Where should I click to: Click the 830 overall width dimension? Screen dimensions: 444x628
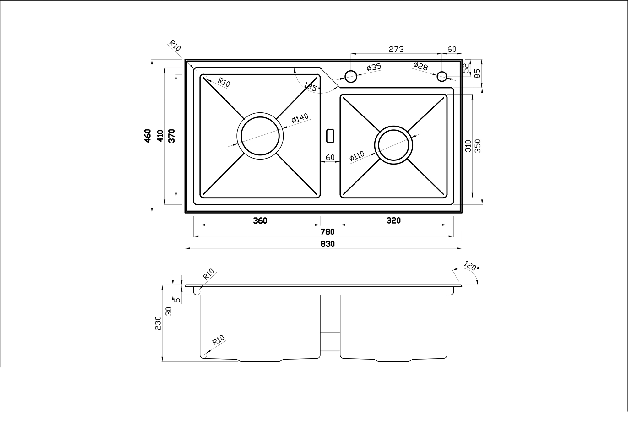328,244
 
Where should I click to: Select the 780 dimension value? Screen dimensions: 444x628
328,232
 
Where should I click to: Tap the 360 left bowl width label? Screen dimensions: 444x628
260,221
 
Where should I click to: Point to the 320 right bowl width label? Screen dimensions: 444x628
393,221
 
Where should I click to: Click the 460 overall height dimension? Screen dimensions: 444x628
148,136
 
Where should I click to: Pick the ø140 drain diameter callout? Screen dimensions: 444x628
300,118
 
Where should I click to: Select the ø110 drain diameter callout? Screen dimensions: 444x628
357,156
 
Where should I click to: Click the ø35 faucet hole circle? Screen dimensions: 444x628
351,76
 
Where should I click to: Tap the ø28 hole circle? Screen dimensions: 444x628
442,76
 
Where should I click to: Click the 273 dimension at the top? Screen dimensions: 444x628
396,49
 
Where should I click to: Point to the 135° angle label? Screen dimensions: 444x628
312,86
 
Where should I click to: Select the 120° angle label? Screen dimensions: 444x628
471,266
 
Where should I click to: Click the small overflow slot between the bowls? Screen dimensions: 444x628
330,136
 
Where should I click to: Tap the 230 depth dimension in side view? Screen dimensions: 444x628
158,323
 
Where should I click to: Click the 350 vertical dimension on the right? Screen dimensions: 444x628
478,146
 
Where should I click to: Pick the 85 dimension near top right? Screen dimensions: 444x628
477,73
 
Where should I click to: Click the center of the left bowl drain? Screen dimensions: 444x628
260,136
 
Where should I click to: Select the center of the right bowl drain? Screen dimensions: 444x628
393,145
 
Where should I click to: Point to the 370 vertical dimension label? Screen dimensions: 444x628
172,136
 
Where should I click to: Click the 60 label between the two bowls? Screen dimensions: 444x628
330,157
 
